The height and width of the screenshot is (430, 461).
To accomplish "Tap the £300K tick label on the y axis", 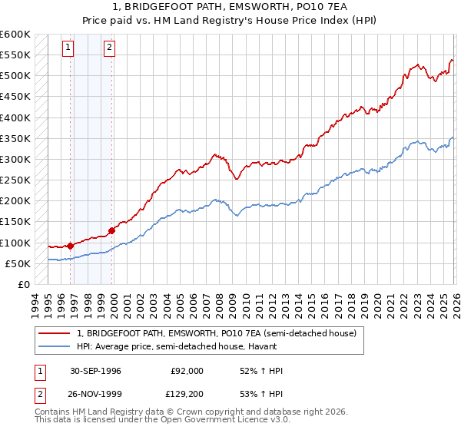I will coord(15,159).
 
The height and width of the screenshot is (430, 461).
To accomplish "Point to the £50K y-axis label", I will coord(17,263).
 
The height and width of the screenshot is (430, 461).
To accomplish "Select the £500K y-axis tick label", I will coord(15,76).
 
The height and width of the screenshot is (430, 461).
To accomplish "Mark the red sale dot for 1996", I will coord(71,246).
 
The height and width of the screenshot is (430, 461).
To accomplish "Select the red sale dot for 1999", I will coord(112,230).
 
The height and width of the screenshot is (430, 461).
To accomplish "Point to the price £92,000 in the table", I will coord(187,371).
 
